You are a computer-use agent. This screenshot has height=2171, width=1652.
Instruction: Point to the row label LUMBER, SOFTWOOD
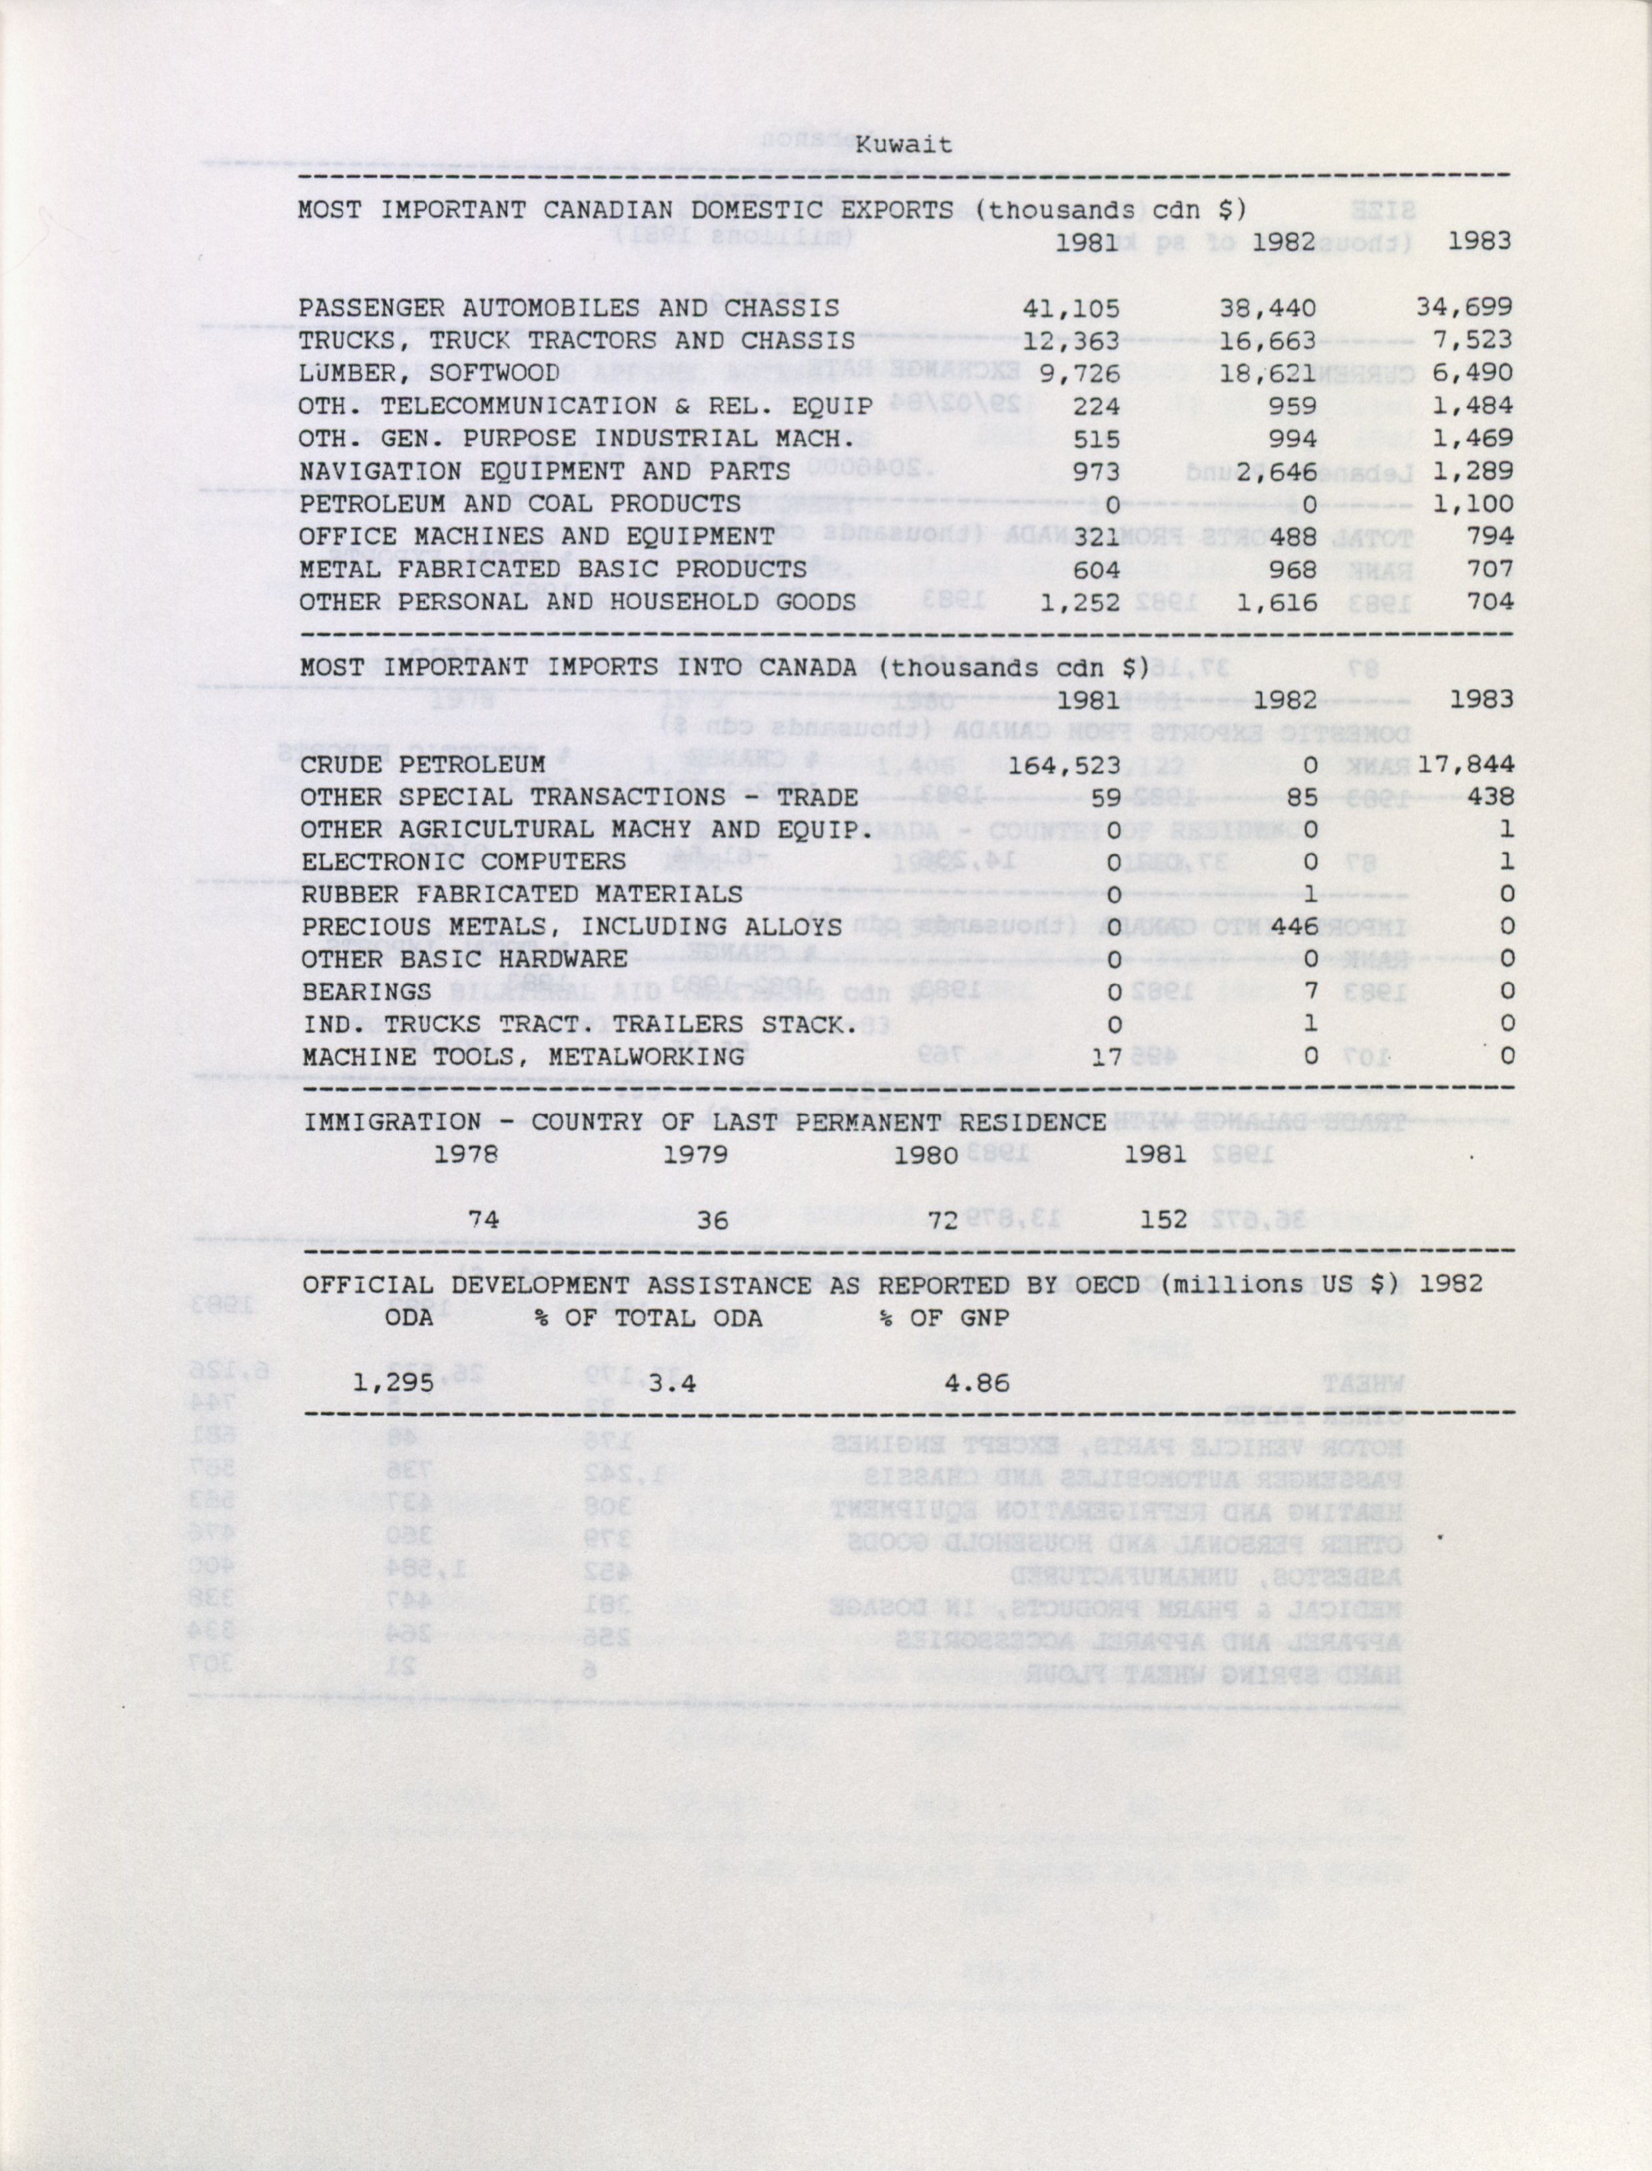click(x=429, y=373)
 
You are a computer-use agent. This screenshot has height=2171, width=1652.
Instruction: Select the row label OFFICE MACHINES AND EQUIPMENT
click(x=537, y=536)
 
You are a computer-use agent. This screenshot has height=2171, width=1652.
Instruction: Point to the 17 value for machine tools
click(x=1105, y=1056)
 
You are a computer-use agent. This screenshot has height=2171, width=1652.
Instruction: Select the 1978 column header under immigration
click(x=465, y=1154)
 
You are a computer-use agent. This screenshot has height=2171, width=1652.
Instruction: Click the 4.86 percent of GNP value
click(x=976, y=1383)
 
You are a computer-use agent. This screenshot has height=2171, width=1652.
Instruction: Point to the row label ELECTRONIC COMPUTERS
click(x=463, y=861)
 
